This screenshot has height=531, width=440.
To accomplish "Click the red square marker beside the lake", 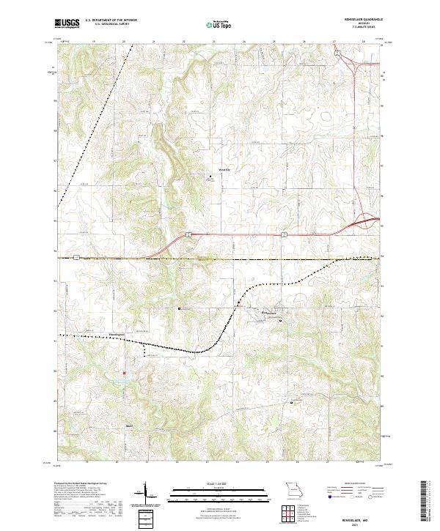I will coord(124,372).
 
